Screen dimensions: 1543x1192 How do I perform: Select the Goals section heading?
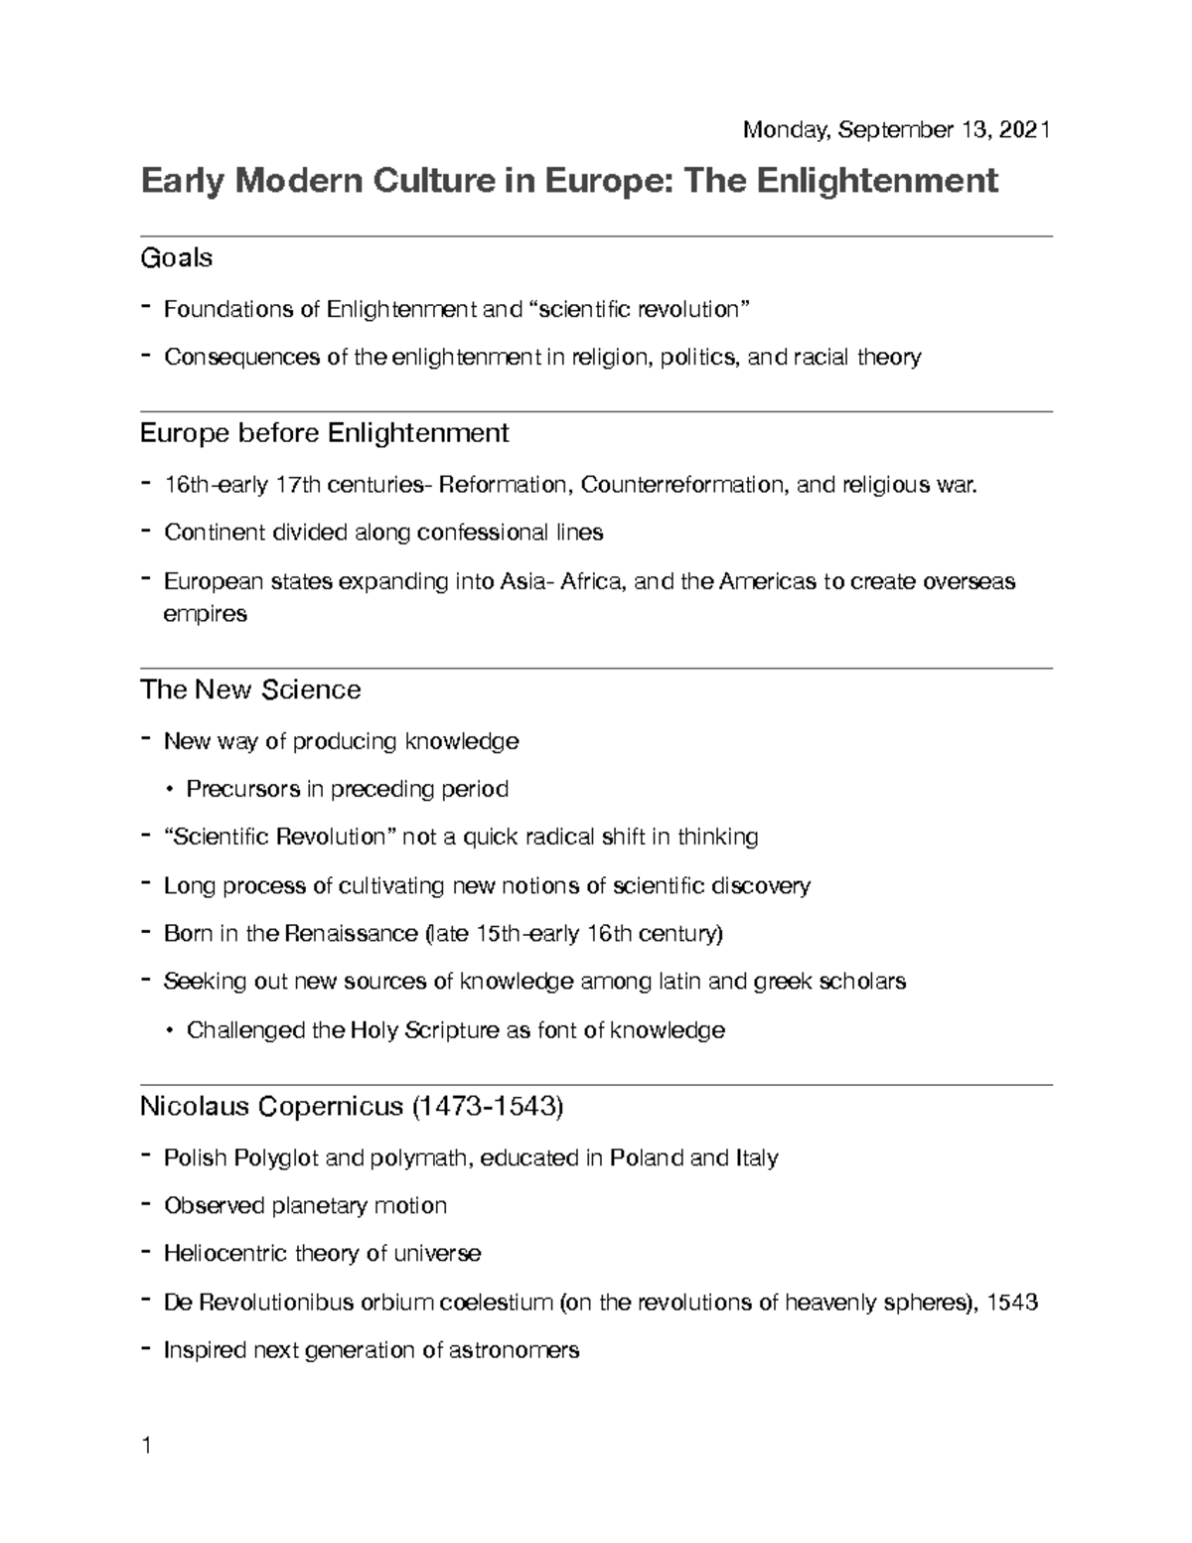(176, 258)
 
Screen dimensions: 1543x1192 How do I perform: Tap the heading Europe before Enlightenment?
(325, 433)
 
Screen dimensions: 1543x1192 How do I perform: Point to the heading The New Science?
(250, 690)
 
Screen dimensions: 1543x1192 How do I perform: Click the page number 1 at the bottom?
(146, 1446)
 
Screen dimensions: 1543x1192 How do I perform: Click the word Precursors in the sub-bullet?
(242, 790)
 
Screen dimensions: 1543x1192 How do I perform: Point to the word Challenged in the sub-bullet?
(246, 1030)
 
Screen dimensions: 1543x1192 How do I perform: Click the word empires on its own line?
(205, 614)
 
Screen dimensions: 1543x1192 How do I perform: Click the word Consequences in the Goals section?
(241, 357)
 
